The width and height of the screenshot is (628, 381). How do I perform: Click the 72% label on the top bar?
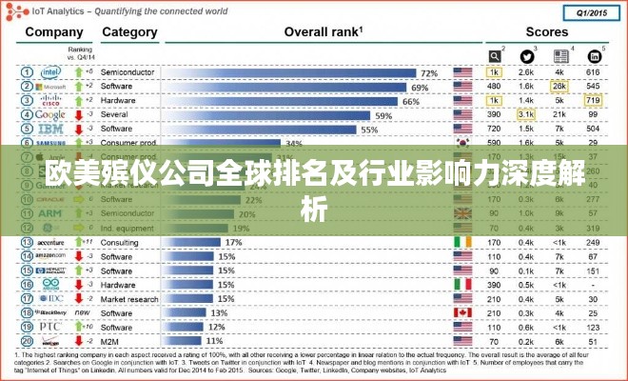pyautogui.click(x=429, y=72)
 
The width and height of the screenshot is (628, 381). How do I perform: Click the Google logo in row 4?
pyautogui.click(x=50, y=115)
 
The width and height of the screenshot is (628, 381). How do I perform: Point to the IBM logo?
pyautogui.click(x=50, y=129)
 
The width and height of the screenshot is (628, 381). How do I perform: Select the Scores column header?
pyautogui.click(x=545, y=31)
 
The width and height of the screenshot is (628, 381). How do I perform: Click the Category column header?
pyautogui.click(x=129, y=31)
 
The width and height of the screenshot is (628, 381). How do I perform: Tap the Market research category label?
pyautogui.click(x=129, y=298)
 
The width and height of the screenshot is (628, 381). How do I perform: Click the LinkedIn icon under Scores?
pyautogui.click(x=594, y=55)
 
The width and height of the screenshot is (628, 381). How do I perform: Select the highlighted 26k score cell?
pyautogui.click(x=559, y=87)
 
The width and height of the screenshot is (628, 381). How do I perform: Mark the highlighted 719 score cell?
pyautogui.click(x=593, y=101)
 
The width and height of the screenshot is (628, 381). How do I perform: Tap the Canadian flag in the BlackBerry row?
pyautogui.click(x=462, y=312)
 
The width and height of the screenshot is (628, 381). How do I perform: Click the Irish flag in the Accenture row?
pyautogui.click(x=462, y=242)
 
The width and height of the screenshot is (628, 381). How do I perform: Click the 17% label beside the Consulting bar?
pyautogui.click(x=233, y=242)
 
